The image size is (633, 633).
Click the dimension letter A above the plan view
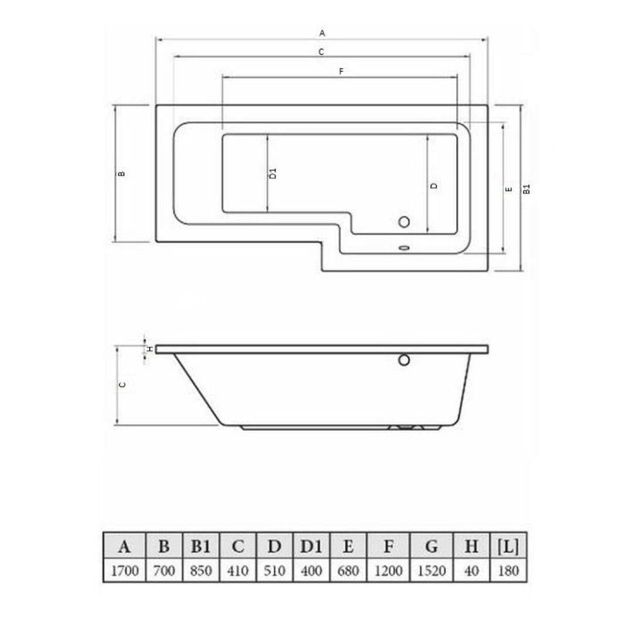click(322, 34)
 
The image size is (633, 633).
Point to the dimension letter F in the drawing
click(341, 72)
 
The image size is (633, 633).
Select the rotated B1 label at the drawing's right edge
click(527, 189)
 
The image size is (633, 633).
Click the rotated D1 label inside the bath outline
click(273, 173)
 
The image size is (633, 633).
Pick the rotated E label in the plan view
click(509, 189)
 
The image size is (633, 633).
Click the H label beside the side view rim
click(150, 349)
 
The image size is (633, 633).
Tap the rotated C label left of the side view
click(122, 385)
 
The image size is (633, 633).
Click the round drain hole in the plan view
click(404, 222)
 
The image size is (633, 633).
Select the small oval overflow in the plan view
click(404, 247)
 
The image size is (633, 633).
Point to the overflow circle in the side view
click(404, 360)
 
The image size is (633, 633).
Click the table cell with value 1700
click(124, 571)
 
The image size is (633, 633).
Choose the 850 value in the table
click(200, 571)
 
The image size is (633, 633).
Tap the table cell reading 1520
click(431, 571)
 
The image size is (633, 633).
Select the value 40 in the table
click(471, 571)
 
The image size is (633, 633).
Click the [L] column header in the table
click(508, 547)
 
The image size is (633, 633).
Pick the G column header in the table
click(431, 547)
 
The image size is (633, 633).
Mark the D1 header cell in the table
click(311, 547)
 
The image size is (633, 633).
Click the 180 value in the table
click(508, 571)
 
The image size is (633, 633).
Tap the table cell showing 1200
click(388, 571)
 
